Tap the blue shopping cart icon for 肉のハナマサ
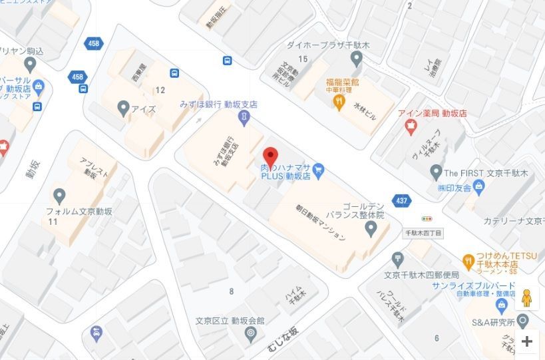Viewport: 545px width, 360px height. [x=319, y=170]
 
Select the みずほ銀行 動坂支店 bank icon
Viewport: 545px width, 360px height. [x=244, y=117]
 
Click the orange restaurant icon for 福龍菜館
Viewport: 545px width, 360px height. [x=338, y=101]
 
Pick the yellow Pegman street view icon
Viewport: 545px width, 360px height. [x=526, y=299]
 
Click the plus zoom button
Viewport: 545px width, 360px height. [x=527, y=341]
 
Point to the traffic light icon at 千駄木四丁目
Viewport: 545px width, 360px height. [x=427, y=218]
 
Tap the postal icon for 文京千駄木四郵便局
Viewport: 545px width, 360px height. [x=398, y=258]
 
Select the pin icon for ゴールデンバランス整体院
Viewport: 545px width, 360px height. [x=371, y=229]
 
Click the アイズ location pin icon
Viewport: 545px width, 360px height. [x=123, y=107]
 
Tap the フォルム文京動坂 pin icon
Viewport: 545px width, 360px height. [x=59, y=196]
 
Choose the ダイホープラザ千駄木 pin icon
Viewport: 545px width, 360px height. [x=356, y=60]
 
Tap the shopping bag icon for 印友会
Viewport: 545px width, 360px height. [x=478, y=188]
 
